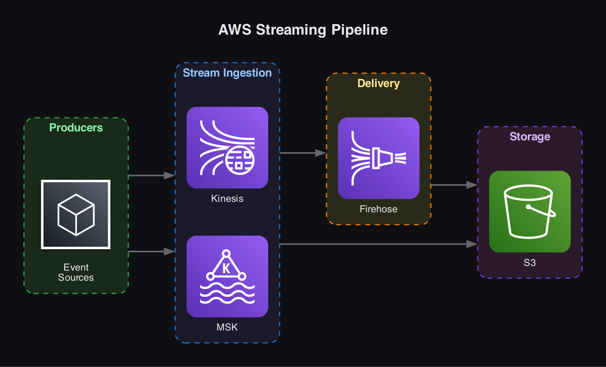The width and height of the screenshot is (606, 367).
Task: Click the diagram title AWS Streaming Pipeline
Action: point(303,30)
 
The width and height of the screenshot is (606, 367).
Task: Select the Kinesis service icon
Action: point(227,148)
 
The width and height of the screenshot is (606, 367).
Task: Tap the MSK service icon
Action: point(227,276)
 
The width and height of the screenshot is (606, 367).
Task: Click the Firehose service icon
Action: point(379,158)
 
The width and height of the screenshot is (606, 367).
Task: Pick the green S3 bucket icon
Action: point(530,211)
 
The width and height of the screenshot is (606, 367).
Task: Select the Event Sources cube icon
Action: point(76,214)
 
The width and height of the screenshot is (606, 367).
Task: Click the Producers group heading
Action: point(76,128)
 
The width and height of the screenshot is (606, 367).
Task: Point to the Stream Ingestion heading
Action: point(227,73)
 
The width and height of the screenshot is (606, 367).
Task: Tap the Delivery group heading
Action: point(378,83)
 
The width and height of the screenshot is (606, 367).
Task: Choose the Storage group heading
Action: point(530,136)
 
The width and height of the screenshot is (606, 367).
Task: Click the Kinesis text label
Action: point(227,199)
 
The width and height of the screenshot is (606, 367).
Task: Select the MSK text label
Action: point(227,327)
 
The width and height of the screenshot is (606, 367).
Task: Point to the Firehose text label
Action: point(378,209)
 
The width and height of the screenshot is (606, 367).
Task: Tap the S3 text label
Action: point(530,263)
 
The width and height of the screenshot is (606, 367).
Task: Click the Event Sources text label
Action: point(76,272)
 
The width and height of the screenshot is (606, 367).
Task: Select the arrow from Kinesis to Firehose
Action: point(302,153)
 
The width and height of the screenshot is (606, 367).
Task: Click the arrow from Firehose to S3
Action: point(454,185)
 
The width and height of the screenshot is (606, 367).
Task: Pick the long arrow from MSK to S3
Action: point(377,244)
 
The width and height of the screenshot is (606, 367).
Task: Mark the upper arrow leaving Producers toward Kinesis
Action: point(151,176)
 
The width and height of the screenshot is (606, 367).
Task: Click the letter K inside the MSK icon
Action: point(226,269)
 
